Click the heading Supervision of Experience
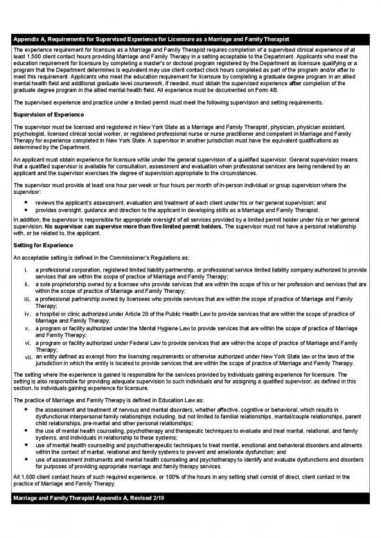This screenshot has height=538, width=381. tap(48, 114)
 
